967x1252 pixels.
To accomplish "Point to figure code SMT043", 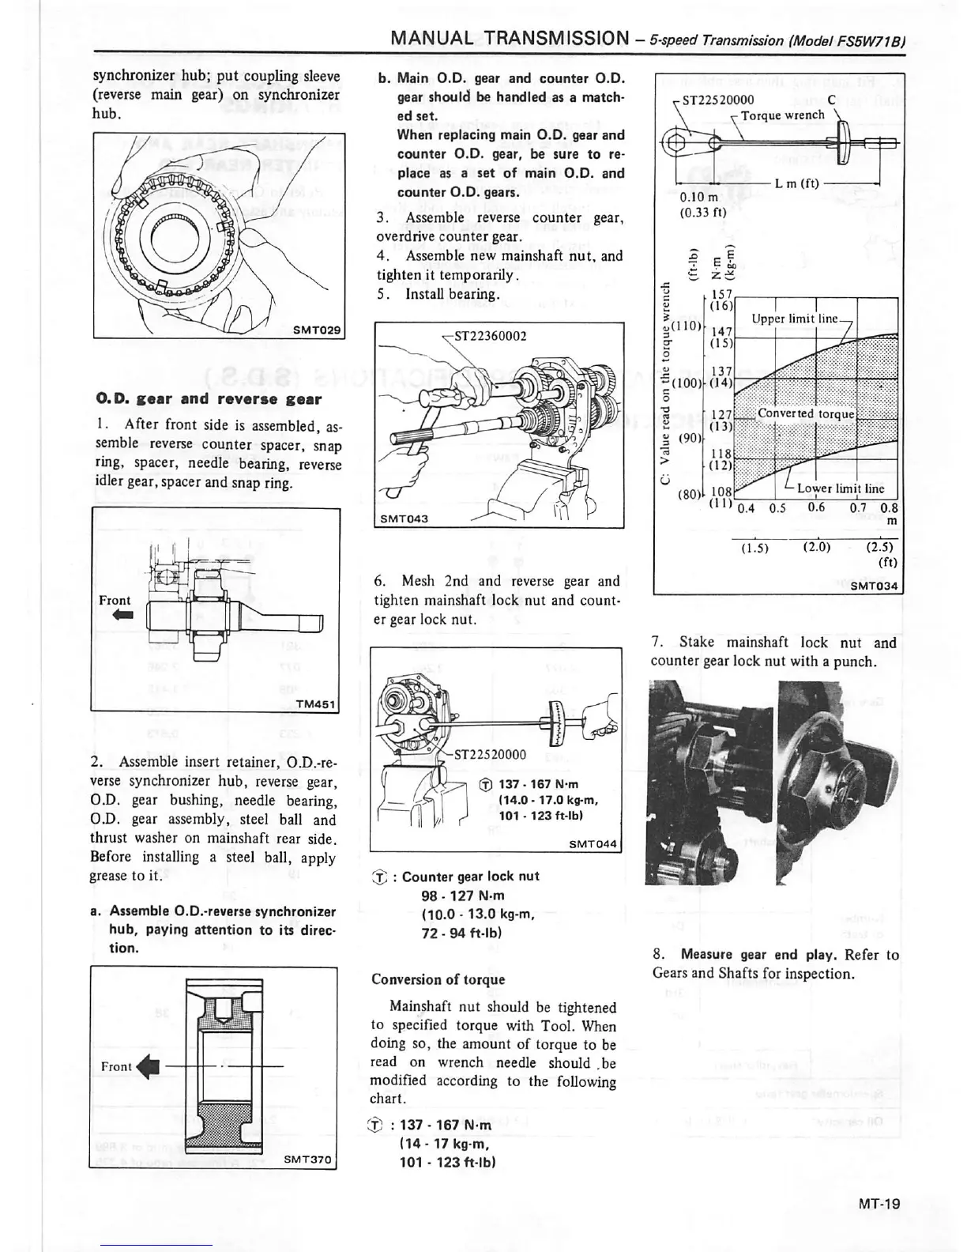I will (404, 519).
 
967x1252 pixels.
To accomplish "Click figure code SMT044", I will (593, 844).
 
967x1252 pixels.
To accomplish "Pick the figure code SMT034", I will (876, 586).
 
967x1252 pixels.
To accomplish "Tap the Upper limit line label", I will (794, 319).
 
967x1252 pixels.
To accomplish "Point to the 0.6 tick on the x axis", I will (816, 507).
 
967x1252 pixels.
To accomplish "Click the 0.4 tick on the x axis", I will (745, 508).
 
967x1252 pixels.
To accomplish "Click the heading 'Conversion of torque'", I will (438, 979).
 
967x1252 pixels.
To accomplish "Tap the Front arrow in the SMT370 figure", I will (148, 1067).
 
